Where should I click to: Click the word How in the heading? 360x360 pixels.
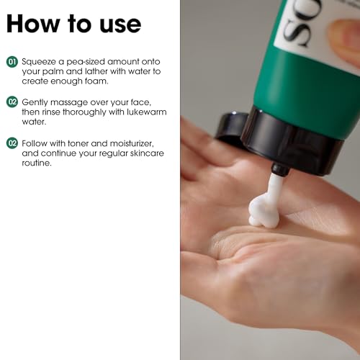click(32, 24)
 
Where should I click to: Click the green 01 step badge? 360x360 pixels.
click(12, 63)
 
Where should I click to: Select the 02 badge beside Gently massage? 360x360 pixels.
click(12, 102)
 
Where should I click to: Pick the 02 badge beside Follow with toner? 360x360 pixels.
click(12, 142)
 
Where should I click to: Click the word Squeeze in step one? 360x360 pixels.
click(38, 63)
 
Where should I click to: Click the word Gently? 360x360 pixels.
click(34, 102)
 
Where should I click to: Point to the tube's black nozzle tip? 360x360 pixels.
click(279, 170)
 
